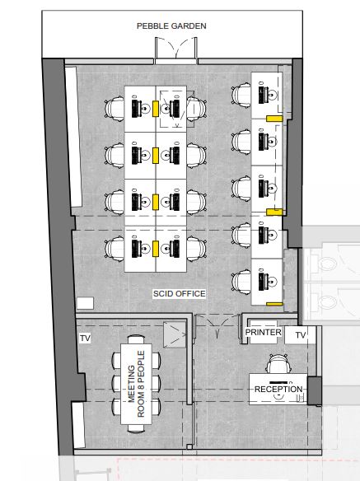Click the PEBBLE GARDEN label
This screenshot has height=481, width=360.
(x=171, y=26)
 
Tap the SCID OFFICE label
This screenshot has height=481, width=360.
(x=180, y=294)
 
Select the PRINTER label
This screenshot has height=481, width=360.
(x=263, y=332)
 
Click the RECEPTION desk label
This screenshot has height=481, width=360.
(x=278, y=390)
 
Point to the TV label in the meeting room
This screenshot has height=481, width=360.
(x=85, y=339)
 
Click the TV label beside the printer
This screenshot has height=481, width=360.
(x=301, y=335)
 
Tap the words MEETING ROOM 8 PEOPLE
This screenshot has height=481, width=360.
(x=136, y=384)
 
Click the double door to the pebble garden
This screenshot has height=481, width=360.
(x=175, y=49)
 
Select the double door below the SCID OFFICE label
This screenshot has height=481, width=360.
(x=217, y=326)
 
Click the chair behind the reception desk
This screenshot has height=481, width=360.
(x=277, y=364)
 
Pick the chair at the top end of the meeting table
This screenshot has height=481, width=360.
(x=136, y=339)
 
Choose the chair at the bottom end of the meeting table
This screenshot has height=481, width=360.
(x=136, y=429)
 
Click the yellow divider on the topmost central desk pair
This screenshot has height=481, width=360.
(x=156, y=109)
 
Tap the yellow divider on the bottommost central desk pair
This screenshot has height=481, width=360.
(x=156, y=249)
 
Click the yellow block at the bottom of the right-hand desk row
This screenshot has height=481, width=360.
(x=274, y=304)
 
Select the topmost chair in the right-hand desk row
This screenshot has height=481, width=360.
(x=241, y=96)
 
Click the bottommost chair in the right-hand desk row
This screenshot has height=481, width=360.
(x=241, y=282)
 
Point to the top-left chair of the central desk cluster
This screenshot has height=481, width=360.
(x=115, y=110)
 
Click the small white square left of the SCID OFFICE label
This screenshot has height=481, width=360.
(x=85, y=303)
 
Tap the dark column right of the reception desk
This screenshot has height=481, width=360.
(x=315, y=390)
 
